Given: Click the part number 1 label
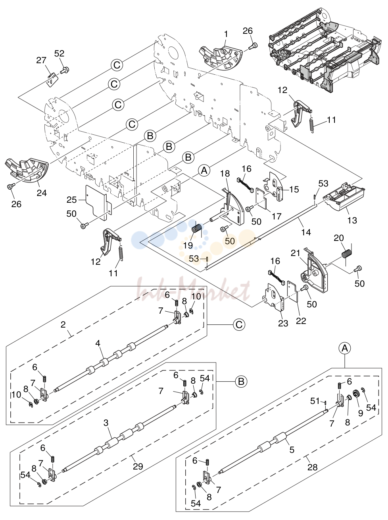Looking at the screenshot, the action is [226, 34].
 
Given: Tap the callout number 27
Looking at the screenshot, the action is [41, 60].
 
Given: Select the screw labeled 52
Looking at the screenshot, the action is [64, 70].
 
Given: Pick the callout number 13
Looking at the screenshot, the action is [352, 220].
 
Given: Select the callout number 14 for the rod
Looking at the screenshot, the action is [306, 232].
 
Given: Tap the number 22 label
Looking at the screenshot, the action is [301, 320].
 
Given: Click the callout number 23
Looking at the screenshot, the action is [283, 323].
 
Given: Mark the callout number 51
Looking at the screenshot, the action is [315, 401].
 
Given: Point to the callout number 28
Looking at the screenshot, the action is [312, 467].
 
